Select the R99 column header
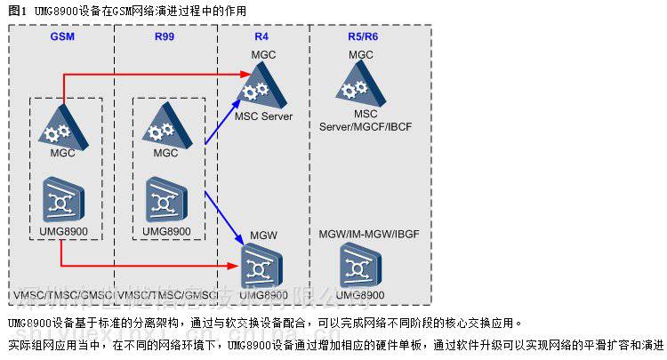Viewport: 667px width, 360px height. [x=165, y=39]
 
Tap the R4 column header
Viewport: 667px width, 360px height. [x=261, y=39]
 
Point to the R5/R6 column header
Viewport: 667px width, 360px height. [x=360, y=39]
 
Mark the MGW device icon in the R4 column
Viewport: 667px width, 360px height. [x=263, y=265]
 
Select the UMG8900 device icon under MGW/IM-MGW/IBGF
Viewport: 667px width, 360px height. [x=361, y=265]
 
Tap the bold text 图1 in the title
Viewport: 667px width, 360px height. [x=16, y=10]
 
